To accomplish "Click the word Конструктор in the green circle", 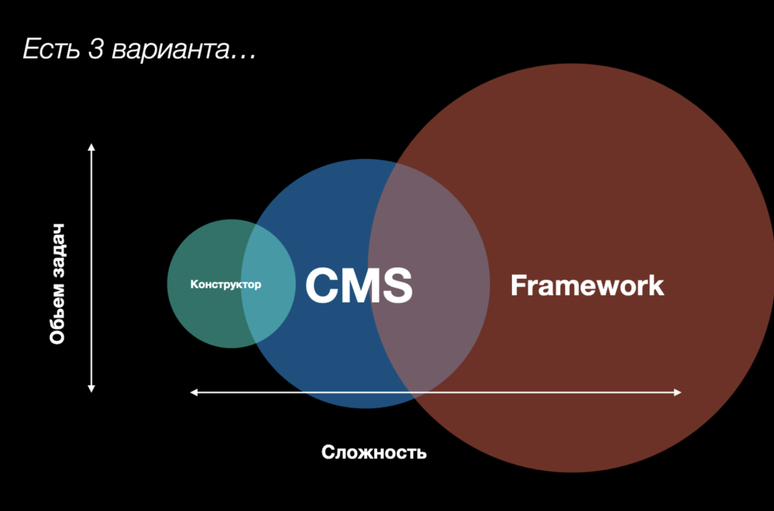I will pos(226,284).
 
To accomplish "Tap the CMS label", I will pos(359,285).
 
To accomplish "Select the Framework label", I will pos(587,285).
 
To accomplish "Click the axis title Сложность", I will pos(374,452).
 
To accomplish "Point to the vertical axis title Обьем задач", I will pos(57,284).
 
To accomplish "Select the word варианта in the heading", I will pos(169,50).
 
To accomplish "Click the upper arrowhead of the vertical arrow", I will pos(92,147).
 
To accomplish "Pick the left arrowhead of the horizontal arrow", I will pos(193,392).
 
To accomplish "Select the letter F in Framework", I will pos(518,285).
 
